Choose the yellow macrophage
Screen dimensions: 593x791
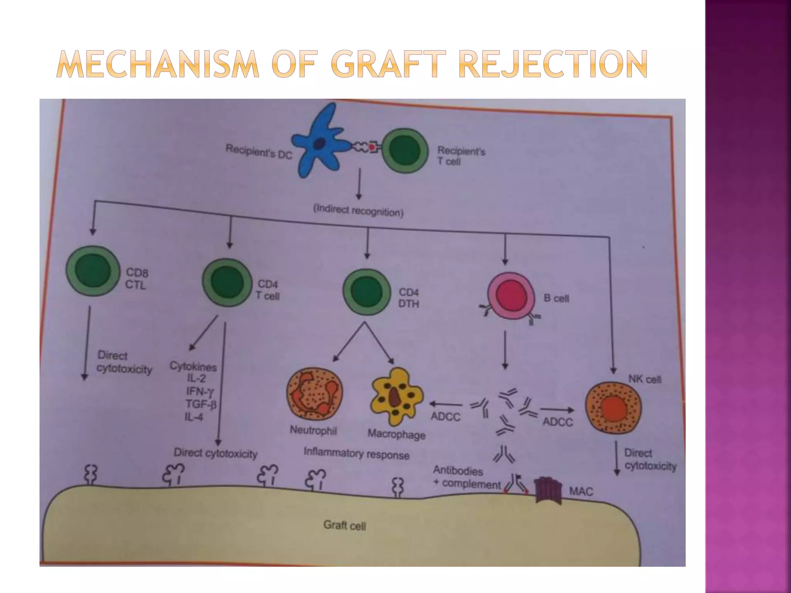click(396, 397)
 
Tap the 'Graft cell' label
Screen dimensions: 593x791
click(344, 525)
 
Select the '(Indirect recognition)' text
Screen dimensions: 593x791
click(358, 211)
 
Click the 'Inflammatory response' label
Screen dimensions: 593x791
click(356, 453)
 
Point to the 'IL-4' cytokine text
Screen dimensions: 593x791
click(194, 417)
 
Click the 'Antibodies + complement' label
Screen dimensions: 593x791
click(465, 477)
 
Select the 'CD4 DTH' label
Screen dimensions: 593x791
click(409, 298)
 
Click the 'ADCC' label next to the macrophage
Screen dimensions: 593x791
click(445, 417)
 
